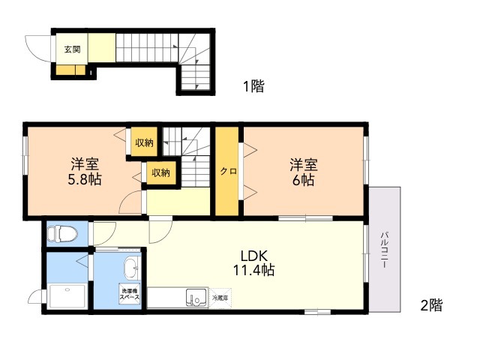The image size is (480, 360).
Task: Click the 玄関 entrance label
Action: coord(72,50)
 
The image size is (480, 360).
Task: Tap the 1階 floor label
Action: coord(253,86)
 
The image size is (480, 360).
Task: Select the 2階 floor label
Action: coord(430,305)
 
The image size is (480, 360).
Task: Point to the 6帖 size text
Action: coord(304,179)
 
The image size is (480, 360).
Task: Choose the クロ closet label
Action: coord(228,172)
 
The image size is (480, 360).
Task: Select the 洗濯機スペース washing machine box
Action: coord(128,293)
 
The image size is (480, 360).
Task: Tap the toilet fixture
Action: coord(61,234)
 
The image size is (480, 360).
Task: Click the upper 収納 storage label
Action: coord(145,142)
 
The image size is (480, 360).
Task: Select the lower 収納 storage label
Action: coord(160,172)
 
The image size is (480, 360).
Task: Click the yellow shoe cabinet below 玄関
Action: coord(70,72)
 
